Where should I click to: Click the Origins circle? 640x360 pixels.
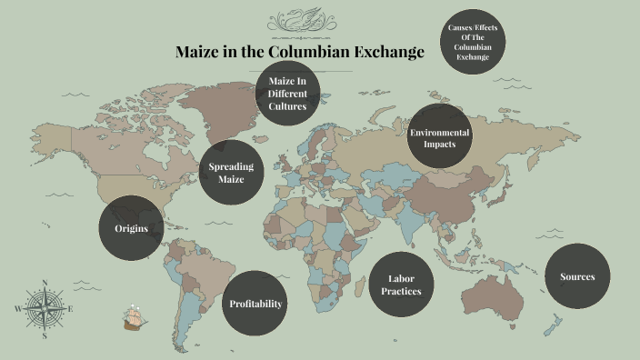click(x=131, y=228)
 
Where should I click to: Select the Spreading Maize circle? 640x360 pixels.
click(x=232, y=173)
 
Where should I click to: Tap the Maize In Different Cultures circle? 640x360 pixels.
click(x=287, y=94)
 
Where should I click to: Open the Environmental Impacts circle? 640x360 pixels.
click(x=440, y=138)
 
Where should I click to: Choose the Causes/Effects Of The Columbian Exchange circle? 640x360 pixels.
click(x=475, y=43)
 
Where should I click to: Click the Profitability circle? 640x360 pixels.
click(x=255, y=304)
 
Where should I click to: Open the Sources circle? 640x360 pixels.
click(x=576, y=276)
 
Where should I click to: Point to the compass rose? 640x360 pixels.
click(x=45, y=309)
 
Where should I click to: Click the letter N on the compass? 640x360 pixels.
click(x=45, y=283)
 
